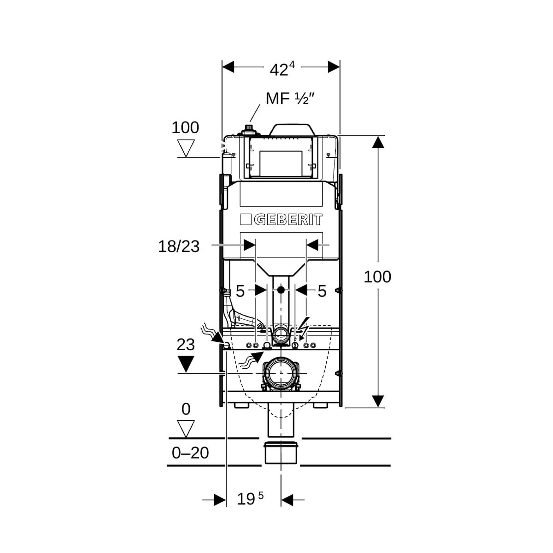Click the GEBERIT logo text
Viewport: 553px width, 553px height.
(x=288, y=220)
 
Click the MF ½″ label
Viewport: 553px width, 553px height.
(x=290, y=99)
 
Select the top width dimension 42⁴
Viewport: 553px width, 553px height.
(x=282, y=70)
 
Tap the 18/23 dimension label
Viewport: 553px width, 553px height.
(x=179, y=246)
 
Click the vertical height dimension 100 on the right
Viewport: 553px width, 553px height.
(x=377, y=277)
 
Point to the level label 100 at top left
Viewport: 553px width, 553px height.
(x=185, y=128)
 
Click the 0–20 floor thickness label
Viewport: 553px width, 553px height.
(x=190, y=453)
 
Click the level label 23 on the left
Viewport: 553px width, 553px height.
(x=186, y=345)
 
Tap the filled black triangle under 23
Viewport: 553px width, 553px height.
(x=186, y=363)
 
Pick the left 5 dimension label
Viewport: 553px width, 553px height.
(x=240, y=291)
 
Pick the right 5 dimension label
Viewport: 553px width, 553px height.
(x=322, y=291)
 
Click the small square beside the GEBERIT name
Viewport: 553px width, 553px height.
(x=245, y=220)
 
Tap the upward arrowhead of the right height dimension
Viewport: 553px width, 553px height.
(x=378, y=142)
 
